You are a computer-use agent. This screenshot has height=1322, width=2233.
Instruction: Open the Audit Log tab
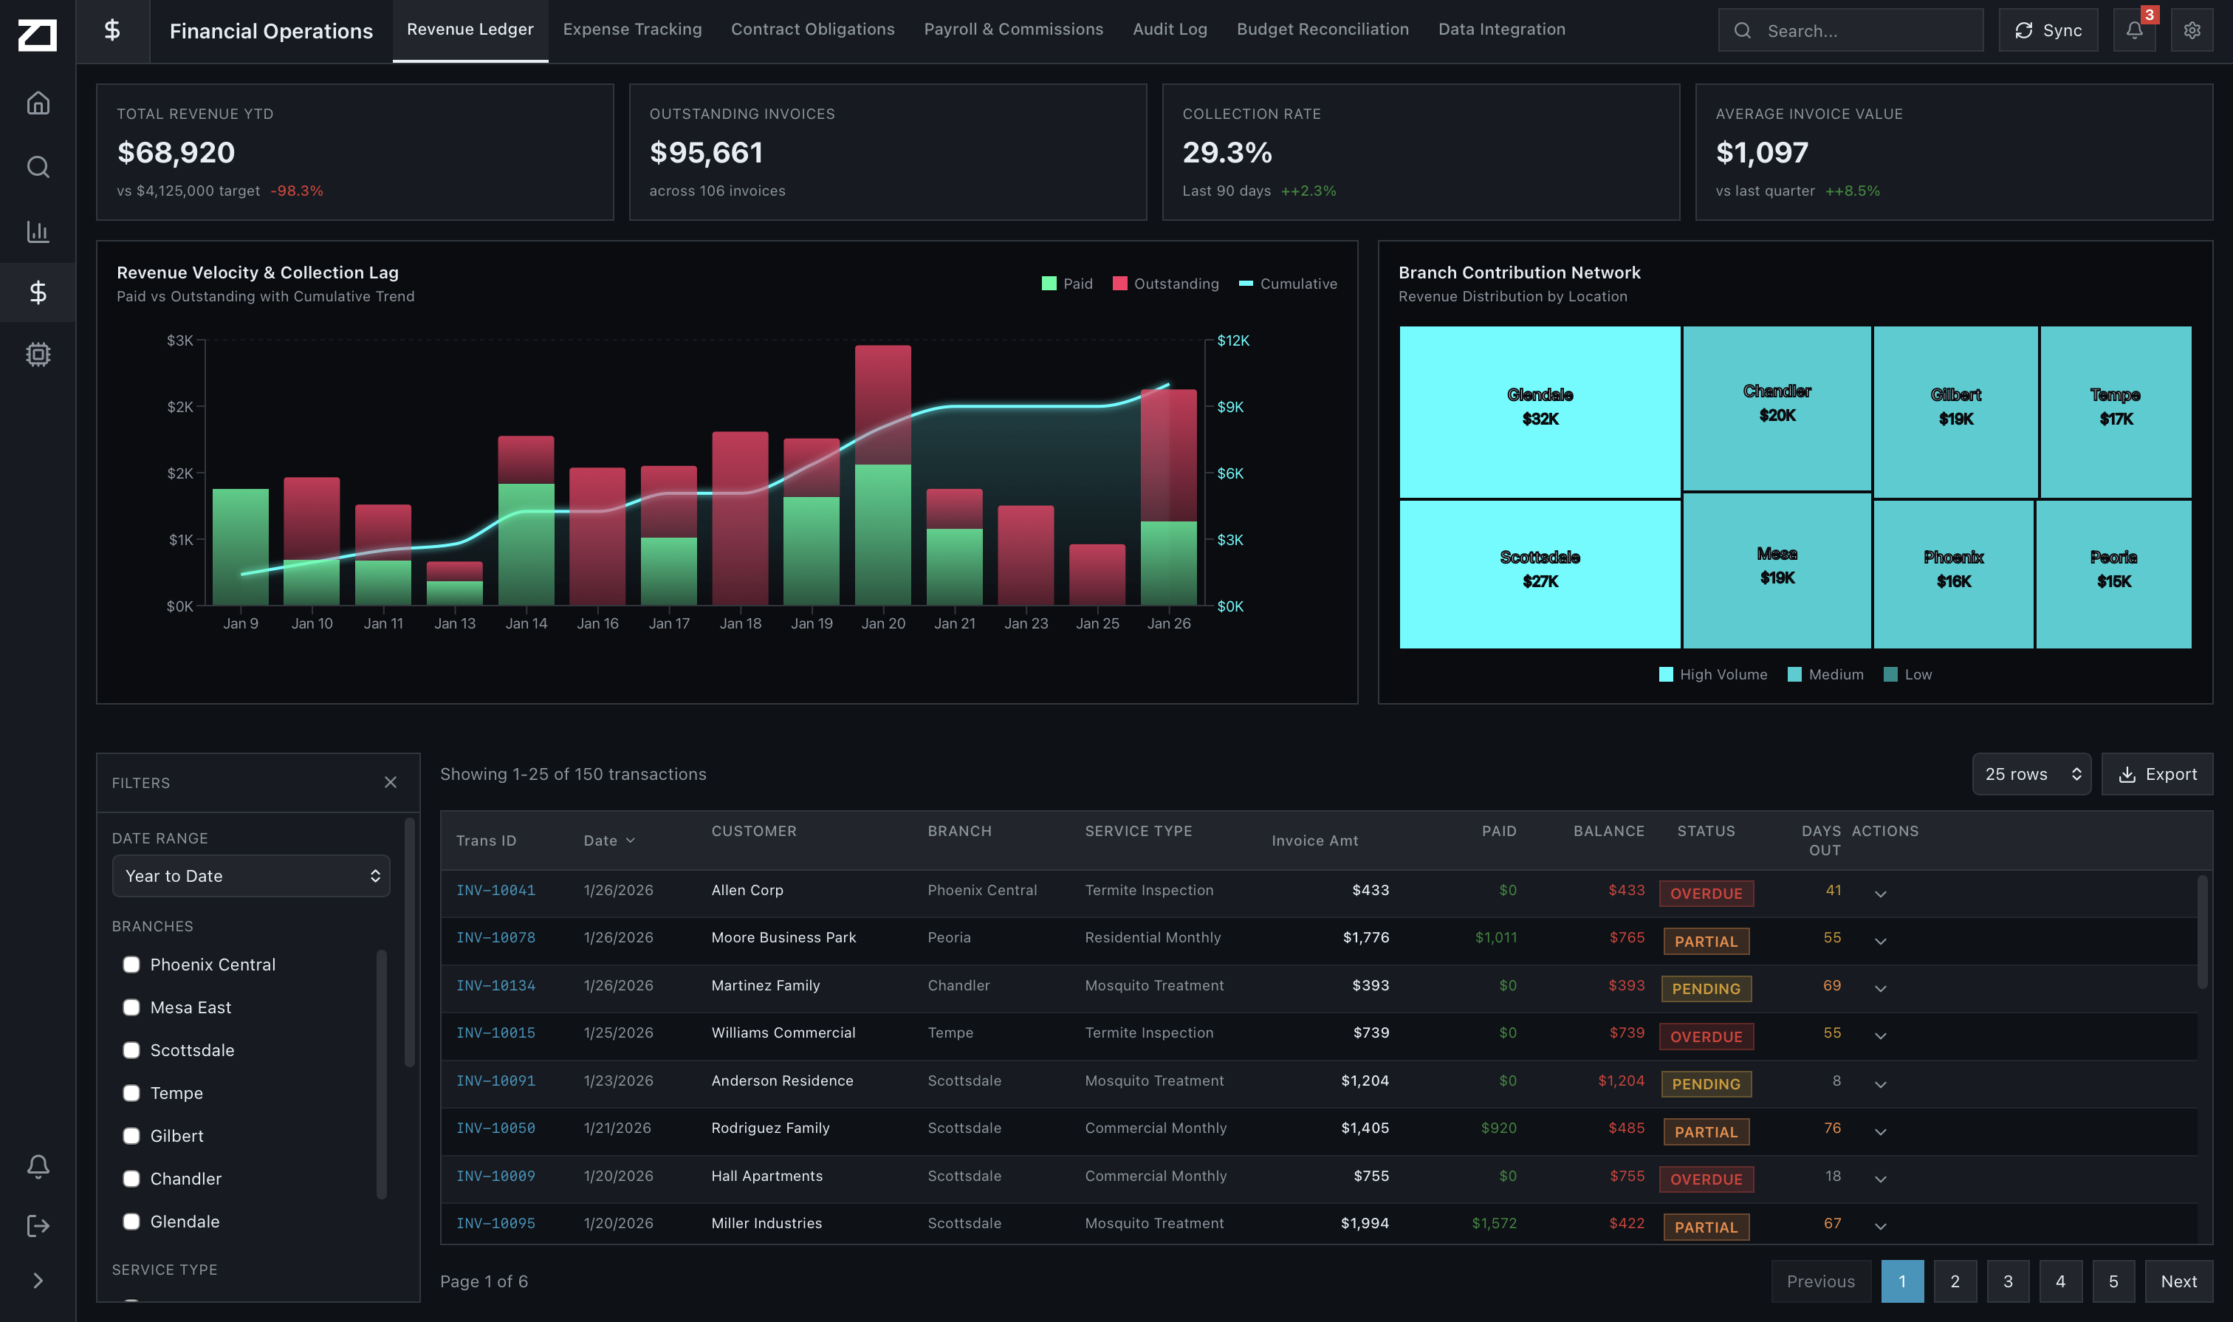pyautogui.click(x=1169, y=30)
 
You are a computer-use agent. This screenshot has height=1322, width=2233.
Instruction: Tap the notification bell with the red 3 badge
pyautogui.click(x=2133, y=30)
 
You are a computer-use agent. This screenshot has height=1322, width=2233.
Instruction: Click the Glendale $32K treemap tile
pyautogui.click(x=1539, y=411)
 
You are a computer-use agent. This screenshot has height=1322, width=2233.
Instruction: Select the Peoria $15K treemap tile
pyautogui.click(x=2113, y=573)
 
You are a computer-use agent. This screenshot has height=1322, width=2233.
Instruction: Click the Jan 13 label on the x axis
pyautogui.click(x=454, y=623)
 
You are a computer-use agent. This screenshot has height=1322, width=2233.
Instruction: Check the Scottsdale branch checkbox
pyautogui.click(x=131, y=1050)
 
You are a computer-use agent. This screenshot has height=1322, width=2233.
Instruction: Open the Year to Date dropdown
pyautogui.click(x=250, y=876)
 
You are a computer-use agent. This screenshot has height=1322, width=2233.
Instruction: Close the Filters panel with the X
pyautogui.click(x=390, y=782)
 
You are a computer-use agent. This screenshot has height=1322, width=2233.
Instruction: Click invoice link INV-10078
pyautogui.click(x=495, y=937)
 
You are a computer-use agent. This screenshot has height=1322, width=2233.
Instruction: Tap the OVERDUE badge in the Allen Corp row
pyautogui.click(x=1705, y=894)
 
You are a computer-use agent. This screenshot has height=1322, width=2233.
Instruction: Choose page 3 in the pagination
pyautogui.click(x=2007, y=1281)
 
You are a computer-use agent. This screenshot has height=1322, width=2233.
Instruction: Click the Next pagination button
pyautogui.click(x=2178, y=1281)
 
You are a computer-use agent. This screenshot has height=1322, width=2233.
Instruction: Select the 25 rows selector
pyautogui.click(x=2030, y=774)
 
